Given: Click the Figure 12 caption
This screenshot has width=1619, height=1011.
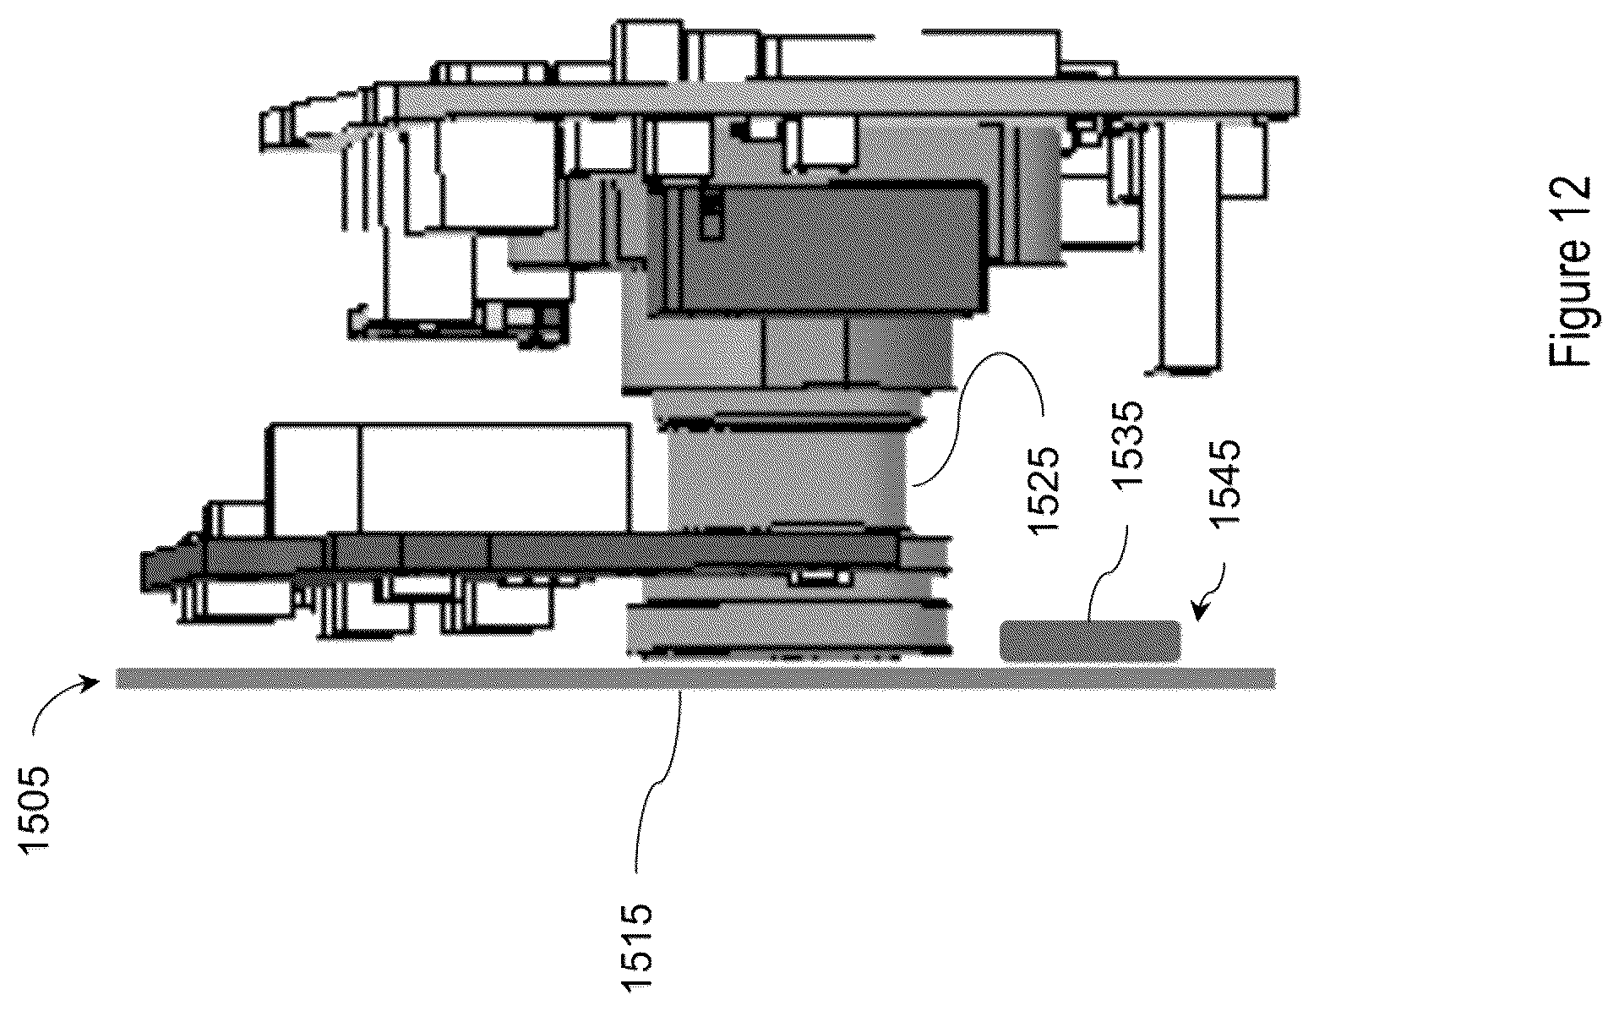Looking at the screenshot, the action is [1571, 271].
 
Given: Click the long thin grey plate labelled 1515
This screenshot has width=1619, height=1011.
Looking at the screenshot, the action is [695, 678].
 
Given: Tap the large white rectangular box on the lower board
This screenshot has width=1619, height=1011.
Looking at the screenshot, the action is [450, 478].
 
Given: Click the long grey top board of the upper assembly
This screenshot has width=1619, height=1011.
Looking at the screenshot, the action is [845, 96].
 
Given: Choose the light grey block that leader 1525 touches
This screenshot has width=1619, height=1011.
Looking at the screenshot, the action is [790, 477].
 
